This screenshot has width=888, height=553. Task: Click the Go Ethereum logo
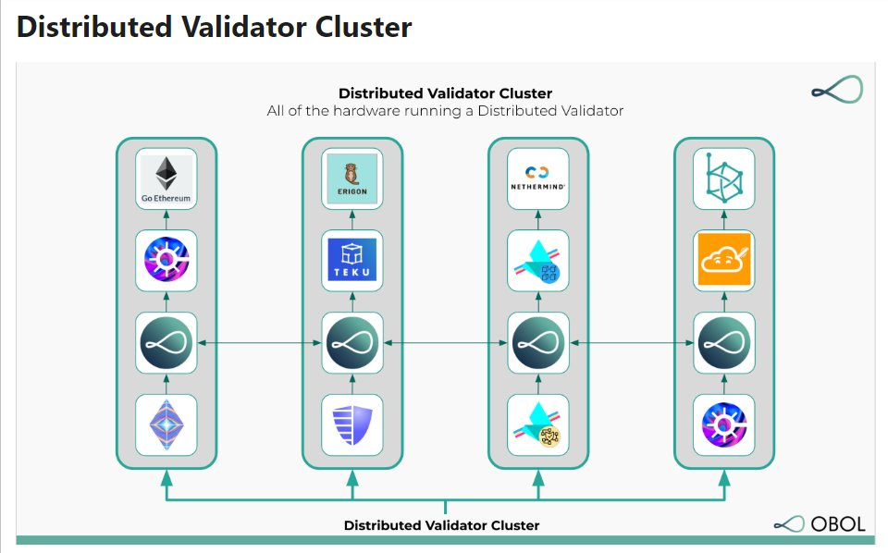pos(166,178)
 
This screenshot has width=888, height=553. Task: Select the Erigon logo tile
pos(351,178)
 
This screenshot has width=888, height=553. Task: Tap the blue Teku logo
pos(351,260)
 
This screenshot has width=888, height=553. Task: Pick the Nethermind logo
pos(538,178)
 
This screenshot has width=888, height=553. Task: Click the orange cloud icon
pos(723,260)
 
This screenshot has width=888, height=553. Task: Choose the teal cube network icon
pos(723,178)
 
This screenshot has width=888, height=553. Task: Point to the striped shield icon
pos(351,424)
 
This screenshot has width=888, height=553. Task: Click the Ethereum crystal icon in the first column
pos(166,424)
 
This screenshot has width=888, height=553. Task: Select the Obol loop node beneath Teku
pos(351,343)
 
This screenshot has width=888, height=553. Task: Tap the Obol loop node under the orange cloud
pos(723,343)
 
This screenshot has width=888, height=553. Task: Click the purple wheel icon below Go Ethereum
pos(166,260)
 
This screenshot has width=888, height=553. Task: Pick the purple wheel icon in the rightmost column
pos(723,424)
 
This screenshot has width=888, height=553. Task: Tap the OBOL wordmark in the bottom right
pos(838,523)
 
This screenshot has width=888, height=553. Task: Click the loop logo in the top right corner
pos(836,91)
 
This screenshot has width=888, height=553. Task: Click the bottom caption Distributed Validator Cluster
pos(441,525)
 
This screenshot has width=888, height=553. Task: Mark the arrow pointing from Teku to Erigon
pos(351,219)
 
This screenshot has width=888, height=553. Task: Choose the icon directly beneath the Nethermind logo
pos(538,260)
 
